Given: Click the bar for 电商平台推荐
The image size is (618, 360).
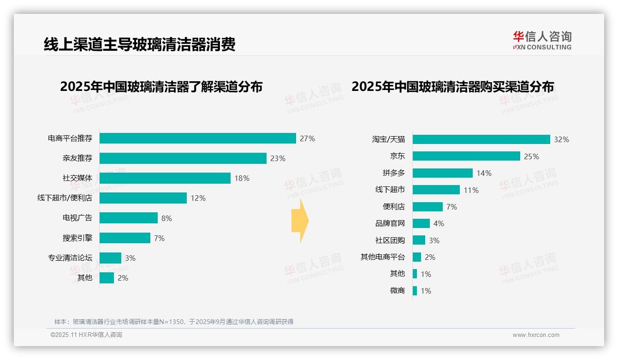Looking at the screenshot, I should click(197, 138).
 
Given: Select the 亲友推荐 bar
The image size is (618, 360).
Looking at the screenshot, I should click(183, 158).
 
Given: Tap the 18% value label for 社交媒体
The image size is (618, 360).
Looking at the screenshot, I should click(242, 178).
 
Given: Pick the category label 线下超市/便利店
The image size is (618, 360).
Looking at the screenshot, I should click(65, 198).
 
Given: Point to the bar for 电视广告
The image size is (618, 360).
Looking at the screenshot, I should click(128, 218).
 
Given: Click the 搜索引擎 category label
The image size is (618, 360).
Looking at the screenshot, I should click(77, 238).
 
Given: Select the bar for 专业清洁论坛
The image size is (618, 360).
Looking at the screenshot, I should click(110, 258).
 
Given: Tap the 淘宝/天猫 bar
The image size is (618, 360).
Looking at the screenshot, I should click(481, 139).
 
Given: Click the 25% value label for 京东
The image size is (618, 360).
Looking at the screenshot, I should click(531, 156).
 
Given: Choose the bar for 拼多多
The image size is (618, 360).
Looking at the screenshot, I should click(442, 173).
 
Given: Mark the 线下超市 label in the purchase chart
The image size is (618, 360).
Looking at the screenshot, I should click(390, 190).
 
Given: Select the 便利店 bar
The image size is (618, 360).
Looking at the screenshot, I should click(428, 207).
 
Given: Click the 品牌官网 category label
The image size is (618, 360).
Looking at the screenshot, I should click(390, 223).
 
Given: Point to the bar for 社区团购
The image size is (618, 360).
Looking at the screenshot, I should click(419, 240).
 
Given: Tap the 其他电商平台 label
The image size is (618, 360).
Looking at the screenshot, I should click(382, 257).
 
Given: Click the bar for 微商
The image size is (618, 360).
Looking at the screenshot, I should click(415, 291).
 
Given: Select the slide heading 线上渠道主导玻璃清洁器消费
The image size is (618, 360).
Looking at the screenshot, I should click(139, 44).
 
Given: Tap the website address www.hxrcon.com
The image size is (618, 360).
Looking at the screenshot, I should click(535, 335).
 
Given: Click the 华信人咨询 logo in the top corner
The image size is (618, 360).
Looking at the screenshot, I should click(542, 40).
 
